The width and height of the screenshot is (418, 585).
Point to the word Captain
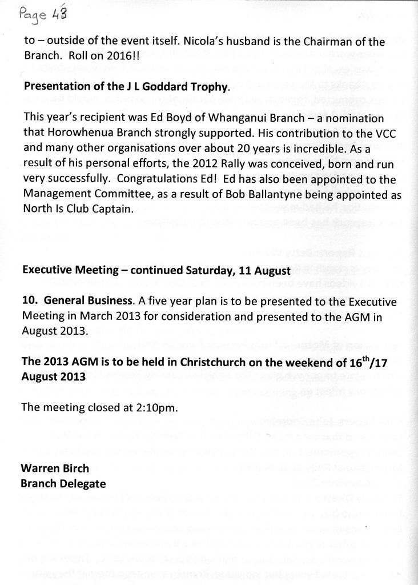(112, 209)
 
